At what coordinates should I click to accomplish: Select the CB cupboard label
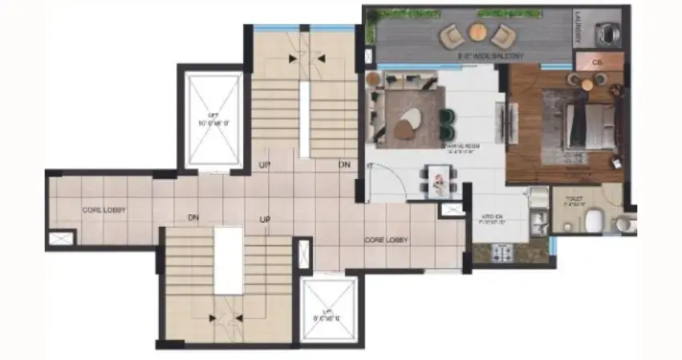596,62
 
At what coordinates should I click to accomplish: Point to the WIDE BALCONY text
490,56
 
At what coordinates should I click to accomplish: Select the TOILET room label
574,200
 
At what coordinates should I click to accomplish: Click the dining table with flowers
438,180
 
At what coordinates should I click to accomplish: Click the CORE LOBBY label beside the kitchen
387,240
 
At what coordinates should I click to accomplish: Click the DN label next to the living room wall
344,164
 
